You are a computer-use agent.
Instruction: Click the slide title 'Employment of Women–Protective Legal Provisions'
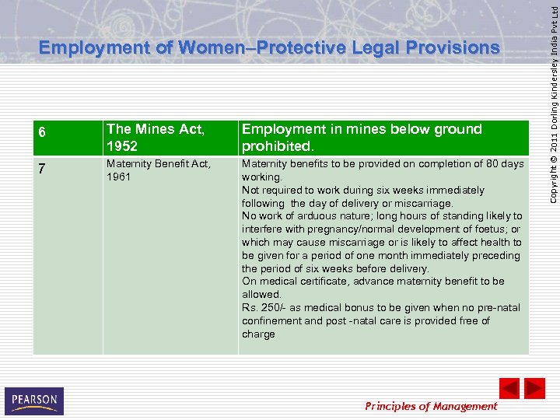click(269, 48)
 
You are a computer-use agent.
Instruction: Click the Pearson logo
click(34, 401)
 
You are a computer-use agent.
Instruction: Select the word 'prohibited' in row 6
click(278, 146)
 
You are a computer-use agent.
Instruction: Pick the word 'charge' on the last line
click(258, 334)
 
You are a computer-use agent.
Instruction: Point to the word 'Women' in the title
click(209, 48)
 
